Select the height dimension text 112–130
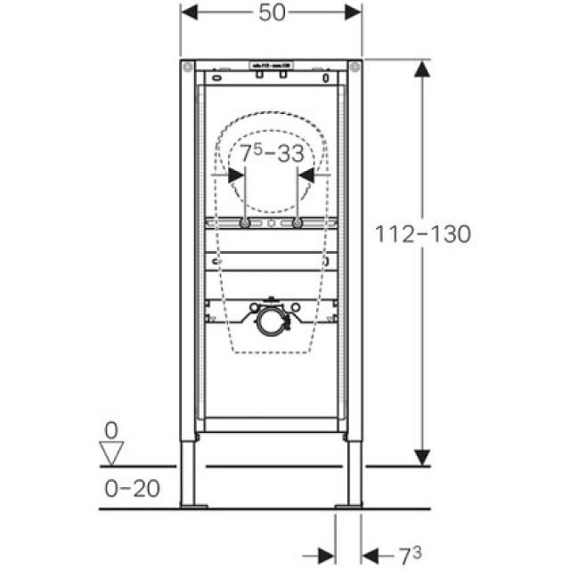[x=436, y=233]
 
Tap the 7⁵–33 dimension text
[x=272, y=153]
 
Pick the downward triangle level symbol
[x=111, y=454]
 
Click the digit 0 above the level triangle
[x=111, y=430]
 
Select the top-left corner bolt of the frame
[x=188, y=67]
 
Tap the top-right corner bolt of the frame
[x=354, y=67]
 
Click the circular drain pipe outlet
[x=270, y=322]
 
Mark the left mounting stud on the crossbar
[x=245, y=223]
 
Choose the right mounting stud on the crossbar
[x=297, y=223]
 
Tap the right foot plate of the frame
[x=348, y=506]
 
